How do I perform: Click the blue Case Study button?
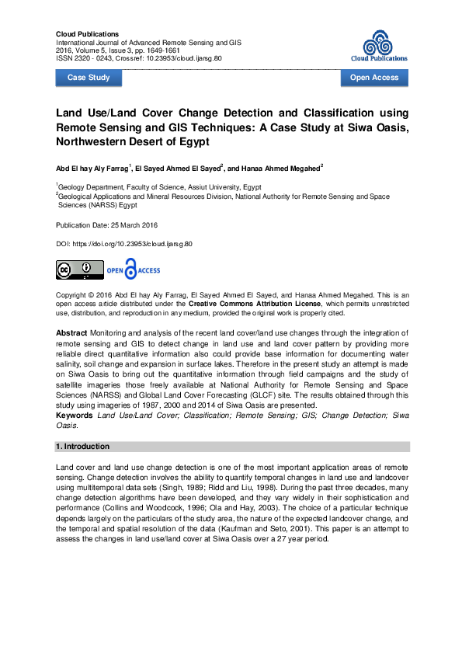pos(89,78)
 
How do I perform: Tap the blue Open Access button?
pos(374,78)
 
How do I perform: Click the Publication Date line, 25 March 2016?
pos(107,225)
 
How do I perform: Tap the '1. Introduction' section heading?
pos(83,447)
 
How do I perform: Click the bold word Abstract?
pos(71,332)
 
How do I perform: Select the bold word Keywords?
pos(75,416)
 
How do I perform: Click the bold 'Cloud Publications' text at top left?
pos(88,34)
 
